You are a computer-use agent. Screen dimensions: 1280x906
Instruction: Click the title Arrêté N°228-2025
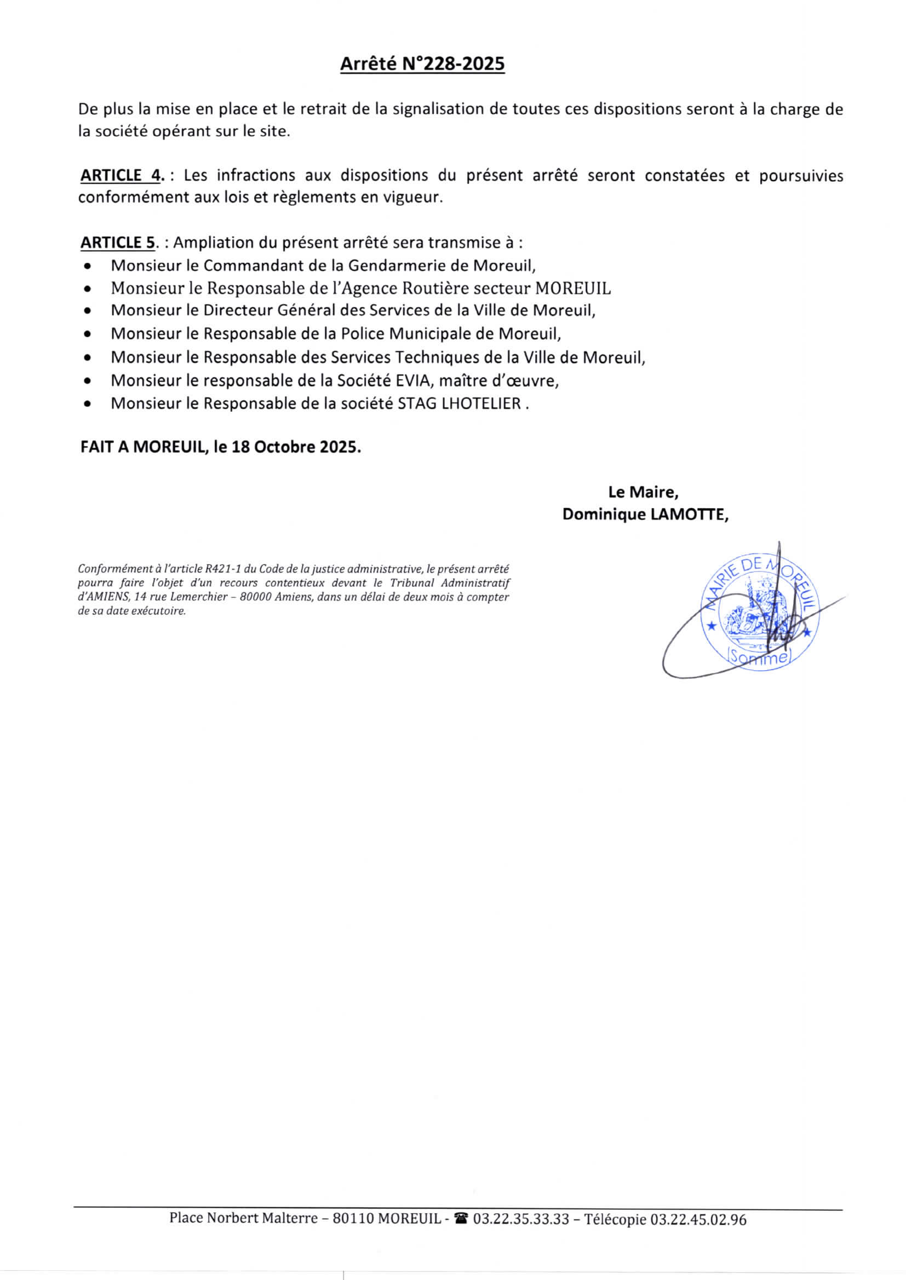(422, 64)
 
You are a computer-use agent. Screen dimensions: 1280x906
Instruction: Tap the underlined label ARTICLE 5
(118, 243)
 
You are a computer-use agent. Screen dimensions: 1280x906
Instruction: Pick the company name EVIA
(413, 380)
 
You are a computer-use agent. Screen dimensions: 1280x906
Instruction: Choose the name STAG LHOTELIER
(459, 403)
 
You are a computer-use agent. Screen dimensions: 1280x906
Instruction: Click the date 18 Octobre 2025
(294, 447)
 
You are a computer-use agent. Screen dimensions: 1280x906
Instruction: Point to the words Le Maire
(643, 492)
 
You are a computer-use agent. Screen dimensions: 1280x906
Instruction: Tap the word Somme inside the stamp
(759, 658)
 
